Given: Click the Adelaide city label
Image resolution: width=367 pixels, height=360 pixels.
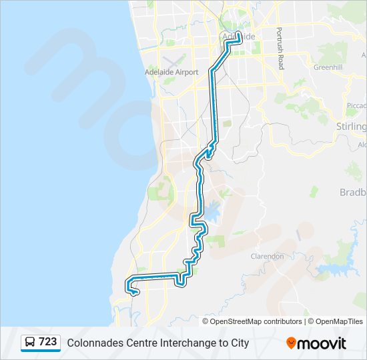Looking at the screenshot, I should pos(238,37).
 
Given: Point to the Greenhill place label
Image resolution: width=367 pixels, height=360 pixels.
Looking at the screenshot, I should pos(328,67).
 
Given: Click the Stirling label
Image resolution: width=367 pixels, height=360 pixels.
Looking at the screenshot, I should pos(352,127).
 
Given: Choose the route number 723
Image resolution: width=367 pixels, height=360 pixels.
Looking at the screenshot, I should pos(47,342).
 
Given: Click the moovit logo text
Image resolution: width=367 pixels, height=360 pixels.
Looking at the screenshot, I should pos(322,343).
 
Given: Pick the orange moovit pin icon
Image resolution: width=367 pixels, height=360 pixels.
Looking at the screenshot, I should pos(291,343).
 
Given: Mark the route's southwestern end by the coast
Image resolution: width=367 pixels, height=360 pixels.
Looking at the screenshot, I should pos(136,292).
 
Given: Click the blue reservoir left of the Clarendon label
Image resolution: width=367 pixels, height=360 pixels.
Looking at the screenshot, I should pos(212,213).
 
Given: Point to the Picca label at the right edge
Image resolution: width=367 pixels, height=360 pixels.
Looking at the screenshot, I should pos(356,105).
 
